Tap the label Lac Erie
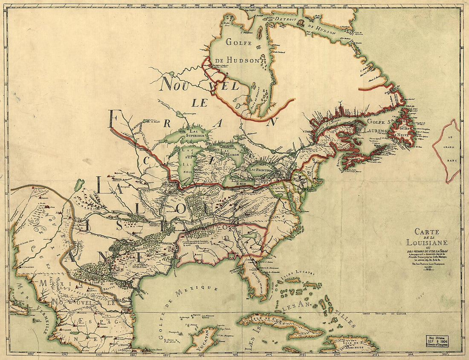tap(236, 181)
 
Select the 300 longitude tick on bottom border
tap(267, 355)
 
